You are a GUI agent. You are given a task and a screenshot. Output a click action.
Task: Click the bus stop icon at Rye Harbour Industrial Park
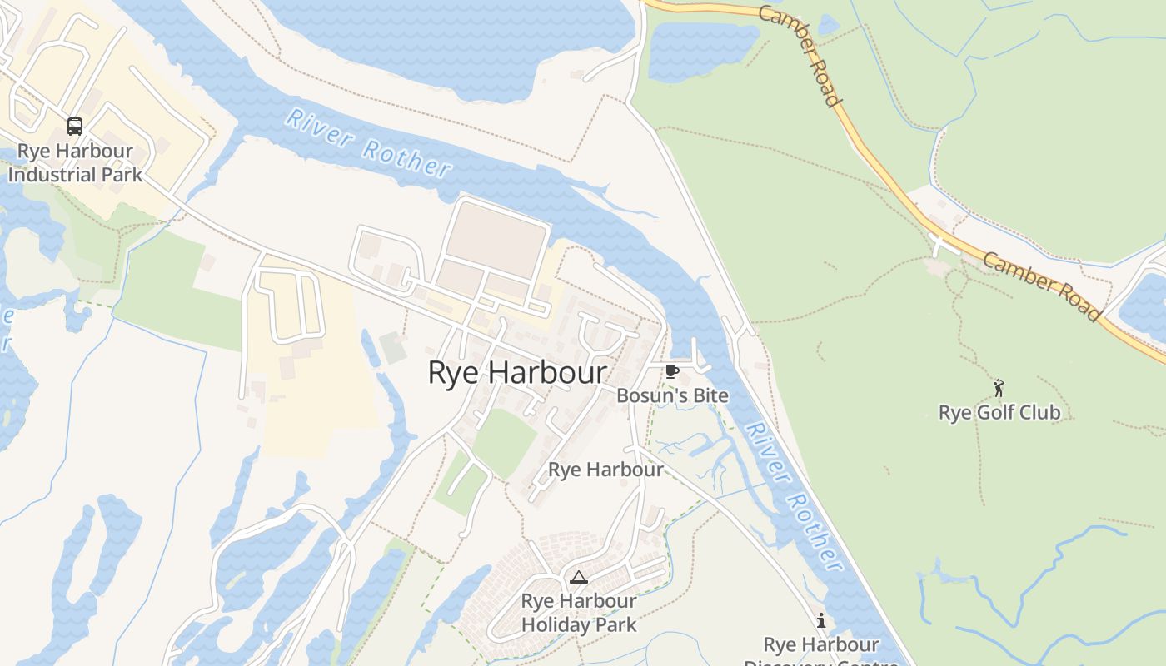[x=75, y=127]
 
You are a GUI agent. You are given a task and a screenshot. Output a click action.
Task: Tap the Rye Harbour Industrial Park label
[x=75, y=163]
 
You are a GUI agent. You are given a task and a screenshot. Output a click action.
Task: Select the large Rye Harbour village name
[x=516, y=372]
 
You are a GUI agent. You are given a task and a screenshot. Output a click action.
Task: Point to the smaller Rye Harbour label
[x=605, y=470]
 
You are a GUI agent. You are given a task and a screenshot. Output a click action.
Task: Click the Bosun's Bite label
[x=672, y=396]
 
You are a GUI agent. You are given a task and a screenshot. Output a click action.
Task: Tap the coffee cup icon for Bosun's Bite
[x=672, y=371]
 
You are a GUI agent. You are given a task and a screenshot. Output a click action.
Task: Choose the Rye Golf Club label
[x=999, y=412]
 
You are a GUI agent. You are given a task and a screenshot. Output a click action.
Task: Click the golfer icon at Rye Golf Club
[x=999, y=388]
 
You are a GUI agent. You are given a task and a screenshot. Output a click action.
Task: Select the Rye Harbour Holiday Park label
[x=579, y=613]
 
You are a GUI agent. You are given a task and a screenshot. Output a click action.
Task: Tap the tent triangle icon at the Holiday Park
[x=578, y=577]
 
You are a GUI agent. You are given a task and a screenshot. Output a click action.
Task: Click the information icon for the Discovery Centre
[x=821, y=620]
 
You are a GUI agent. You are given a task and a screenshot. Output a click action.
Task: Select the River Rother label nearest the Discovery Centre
[x=794, y=497]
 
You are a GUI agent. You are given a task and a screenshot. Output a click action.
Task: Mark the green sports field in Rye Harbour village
[x=505, y=441]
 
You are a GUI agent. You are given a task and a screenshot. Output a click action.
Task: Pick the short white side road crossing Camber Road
[x=941, y=246]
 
